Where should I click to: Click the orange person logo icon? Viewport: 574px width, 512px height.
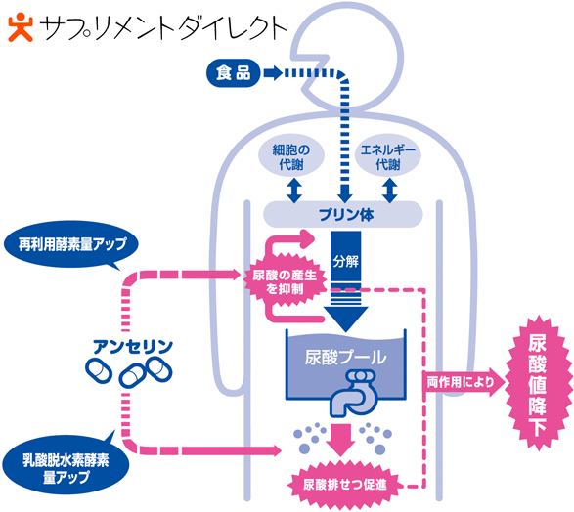[x=21, y=27]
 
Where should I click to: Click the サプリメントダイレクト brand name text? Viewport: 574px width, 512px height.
[x=162, y=29]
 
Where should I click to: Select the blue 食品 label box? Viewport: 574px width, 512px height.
[x=233, y=73]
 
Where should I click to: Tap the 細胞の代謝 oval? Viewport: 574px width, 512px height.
[x=291, y=156]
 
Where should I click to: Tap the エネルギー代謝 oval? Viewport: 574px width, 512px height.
[x=388, y=156]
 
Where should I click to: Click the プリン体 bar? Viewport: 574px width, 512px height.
[x=343, y=214]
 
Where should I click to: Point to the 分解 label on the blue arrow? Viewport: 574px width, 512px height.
[x=345, y=262]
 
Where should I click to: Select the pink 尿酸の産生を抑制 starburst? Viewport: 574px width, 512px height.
[x=285, y=281]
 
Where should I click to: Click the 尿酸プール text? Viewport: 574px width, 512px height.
[x=345, y=357]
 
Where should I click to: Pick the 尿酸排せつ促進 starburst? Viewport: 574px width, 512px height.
[x=344, y=485]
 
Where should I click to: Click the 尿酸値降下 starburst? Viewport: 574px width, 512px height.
[x=538, y=384]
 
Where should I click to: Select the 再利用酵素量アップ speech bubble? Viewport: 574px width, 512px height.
[x=71, y=245]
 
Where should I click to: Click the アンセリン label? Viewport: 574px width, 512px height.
[x=133, y=347]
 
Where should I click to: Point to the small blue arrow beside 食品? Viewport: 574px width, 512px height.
[x=273, y=73]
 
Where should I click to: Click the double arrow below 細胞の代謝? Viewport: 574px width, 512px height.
[x=294, y=191]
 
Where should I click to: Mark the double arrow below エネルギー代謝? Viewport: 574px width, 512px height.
[x=390, y=191]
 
